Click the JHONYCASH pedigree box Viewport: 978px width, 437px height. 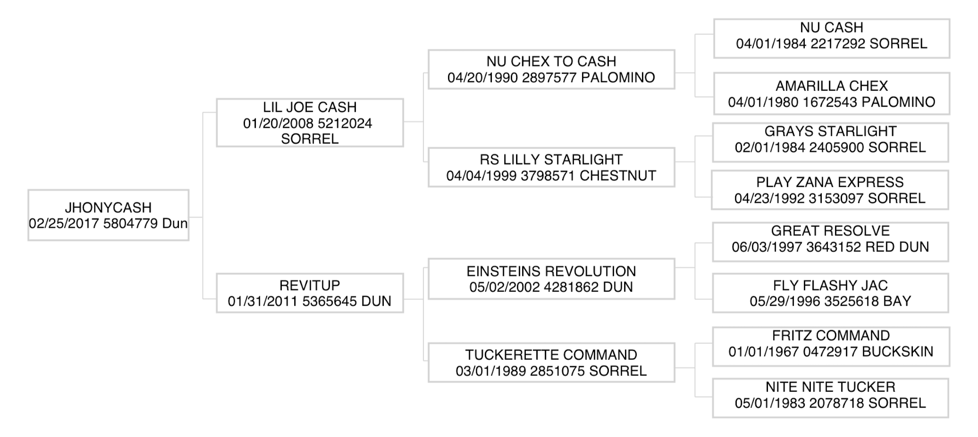[x=108, y=215]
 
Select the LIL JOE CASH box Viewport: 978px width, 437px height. [x=310, y=123]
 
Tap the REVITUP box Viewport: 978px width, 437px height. [x=310, y=293]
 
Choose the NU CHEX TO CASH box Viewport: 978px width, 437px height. [x=551, y=70]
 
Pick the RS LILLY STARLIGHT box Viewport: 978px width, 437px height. [x=551, y=168]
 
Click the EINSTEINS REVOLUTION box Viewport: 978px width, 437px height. [x=551, y=279]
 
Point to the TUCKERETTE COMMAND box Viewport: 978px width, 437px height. [x=551, y=363]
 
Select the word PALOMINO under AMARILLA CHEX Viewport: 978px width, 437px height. [x=899, y=102]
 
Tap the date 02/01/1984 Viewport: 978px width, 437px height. [x=770, y=147]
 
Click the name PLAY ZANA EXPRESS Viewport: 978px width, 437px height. [x=830, y=182]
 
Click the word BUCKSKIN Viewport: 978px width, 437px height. [x=898, y=352]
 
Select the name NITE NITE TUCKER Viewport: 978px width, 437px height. [x=830, y=387]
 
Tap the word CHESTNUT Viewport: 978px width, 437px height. [x=618, y=176]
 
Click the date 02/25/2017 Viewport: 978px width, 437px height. [x=64, y=223]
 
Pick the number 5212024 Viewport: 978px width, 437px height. [x=344, y=123]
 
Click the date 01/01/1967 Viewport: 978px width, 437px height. [x=763, y=352]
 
